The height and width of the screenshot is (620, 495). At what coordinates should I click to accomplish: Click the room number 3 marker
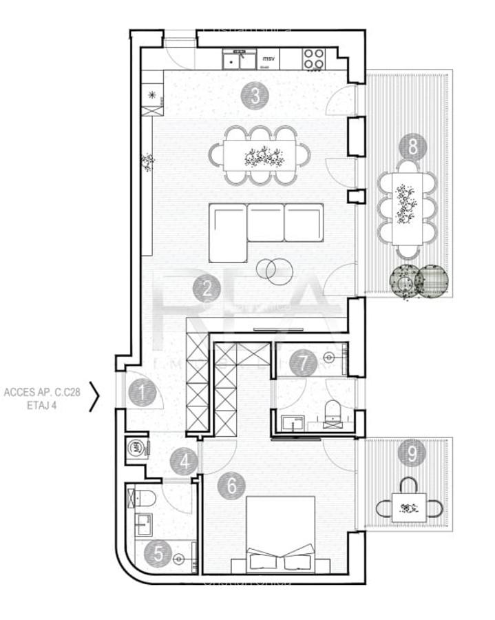coord(255,97)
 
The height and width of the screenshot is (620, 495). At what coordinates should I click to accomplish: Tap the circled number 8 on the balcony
coord(412,146)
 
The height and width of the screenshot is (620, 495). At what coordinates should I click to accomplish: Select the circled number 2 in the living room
coord(207,289)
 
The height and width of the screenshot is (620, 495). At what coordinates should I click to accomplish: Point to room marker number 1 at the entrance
coord(143,394)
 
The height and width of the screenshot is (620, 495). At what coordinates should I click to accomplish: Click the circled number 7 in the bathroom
coord(302,362)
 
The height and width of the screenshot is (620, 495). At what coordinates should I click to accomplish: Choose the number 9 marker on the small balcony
coord(412,453)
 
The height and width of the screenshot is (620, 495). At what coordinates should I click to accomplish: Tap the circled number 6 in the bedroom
coord(231,486)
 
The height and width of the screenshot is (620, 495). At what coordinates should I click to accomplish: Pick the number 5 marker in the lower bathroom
coord(158,553)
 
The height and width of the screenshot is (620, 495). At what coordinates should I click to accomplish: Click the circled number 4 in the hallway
coord(184,461)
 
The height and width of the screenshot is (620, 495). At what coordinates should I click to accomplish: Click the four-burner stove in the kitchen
coord(314,59)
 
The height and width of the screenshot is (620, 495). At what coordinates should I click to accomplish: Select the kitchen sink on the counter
coord(237,60)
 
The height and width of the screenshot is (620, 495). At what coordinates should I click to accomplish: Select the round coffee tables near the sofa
coord(274,269)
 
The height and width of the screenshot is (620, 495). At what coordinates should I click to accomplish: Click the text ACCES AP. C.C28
coord(42,393)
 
